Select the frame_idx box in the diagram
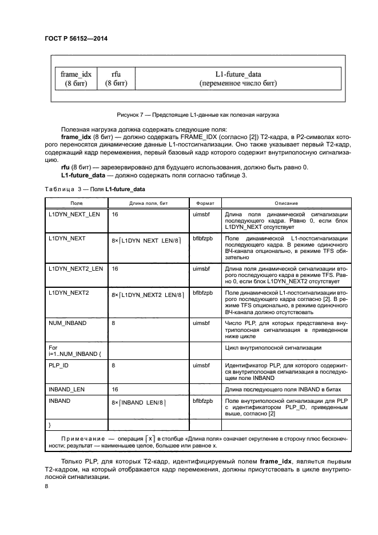(x=72, y=78)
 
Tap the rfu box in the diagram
(x=116, y=78)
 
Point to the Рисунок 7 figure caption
(x=197, y=115)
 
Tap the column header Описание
(x=286, y=203)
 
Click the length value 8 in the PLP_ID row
(x=113, y=364)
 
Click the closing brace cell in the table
(x=50, y=425)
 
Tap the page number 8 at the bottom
(x=47, y=486)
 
